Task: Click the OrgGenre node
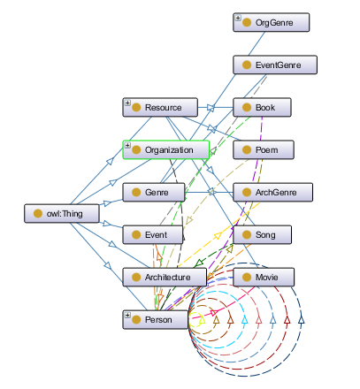[x=271, y=22]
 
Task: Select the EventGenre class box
[x=275, y=65]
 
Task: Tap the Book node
[x=262, y=107]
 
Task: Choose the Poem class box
[x=264, y=149]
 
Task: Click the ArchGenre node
[x=272, y=192]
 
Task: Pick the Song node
[x=262, y=234]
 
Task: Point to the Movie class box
[x=264, y=277]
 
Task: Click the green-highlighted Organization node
[x=166, y=149]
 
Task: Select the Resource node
[x=160, y=107]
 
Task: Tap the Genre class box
[x=154, y=192]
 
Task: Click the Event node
[x=153, y=234]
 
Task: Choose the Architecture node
[x=165, y=277]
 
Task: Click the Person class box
[x=155, y=319]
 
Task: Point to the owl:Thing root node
[x=62, y=213]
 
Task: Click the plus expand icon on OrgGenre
[x=238, y=18]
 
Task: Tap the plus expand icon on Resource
[x=127, y=103]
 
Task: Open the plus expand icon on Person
[x=127, y=315]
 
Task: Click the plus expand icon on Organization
[x=127, y=145]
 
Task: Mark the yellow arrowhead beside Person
[x=202, y=320]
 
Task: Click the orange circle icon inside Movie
[x=247, y=277]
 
